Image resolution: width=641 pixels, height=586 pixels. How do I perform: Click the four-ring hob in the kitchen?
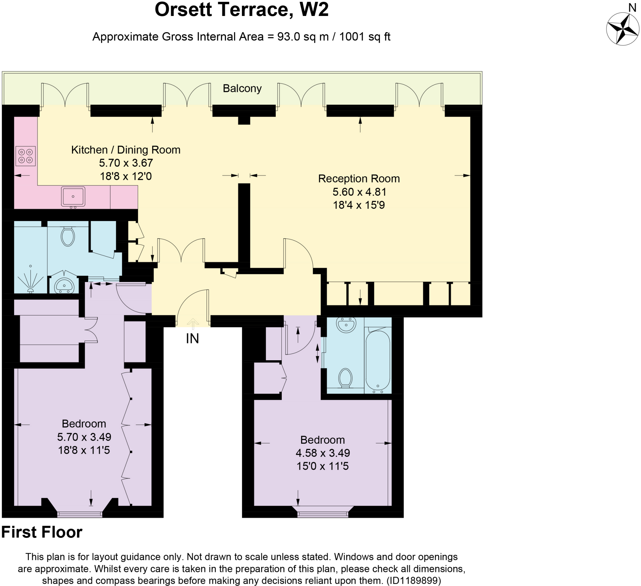(x=25, y=156)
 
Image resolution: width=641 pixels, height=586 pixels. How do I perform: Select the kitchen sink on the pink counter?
(x=73, y=197)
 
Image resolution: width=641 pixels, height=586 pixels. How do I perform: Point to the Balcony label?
(x=242, y=88)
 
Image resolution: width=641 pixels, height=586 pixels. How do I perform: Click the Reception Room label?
(x=359, y=179)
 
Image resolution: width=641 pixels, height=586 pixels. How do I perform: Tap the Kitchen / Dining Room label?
(x=126, y=149)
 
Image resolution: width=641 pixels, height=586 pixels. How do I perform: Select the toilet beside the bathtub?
(x=345, y=378)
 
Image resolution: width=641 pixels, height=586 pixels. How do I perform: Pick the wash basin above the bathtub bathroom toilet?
(x=346, y=325)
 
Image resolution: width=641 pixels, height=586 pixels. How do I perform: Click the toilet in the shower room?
(x=67, y=236)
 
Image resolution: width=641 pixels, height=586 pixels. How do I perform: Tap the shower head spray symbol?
(x=31, y=279)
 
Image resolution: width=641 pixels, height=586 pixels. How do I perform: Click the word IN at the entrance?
(x=192, y=339)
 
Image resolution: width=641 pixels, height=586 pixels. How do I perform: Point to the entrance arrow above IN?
(x=193, y=324)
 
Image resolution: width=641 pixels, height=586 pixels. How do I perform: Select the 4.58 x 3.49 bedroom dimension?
(x=323, y=453)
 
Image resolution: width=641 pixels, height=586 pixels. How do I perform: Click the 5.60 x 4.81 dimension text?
(x=359, y=192)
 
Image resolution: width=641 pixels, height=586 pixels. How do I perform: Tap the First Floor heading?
(x=42, y=532)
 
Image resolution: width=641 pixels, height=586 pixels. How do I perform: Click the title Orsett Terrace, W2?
(x=241, y=9)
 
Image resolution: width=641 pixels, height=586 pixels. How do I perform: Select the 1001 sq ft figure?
(x=365, y=37)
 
